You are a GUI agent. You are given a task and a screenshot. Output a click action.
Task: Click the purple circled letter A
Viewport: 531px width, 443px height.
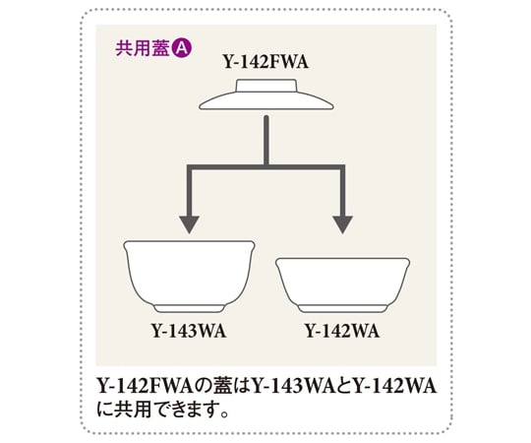coord(182,49)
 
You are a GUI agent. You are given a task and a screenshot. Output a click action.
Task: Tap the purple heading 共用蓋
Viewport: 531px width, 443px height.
coord(143,49)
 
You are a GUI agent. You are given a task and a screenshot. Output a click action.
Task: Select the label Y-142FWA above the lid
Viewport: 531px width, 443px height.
coord(265,62)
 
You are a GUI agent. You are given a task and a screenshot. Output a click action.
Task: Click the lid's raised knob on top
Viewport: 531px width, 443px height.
coord(266,86)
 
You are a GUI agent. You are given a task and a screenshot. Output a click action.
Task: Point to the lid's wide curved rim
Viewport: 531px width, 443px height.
coord(266,101)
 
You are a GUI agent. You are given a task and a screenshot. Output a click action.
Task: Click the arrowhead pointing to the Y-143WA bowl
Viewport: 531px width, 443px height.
coord(190,224)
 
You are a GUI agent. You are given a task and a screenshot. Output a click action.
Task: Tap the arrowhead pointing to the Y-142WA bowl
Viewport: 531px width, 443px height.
coord(343,224)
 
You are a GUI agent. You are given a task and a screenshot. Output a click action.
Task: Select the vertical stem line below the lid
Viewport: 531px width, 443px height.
coord(266,141)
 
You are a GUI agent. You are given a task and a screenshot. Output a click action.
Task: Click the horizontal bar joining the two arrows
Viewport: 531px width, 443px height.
coord(266,167)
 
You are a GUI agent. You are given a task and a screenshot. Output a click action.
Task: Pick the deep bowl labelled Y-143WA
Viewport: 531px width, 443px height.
coord(190,277)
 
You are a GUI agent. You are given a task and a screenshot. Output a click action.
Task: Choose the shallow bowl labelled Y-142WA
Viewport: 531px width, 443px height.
coord(343,285)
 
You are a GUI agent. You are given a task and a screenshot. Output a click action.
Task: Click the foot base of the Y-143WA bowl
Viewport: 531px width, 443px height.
coord(190,308)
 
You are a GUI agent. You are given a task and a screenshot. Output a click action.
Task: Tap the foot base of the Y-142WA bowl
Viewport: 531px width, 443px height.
coord(343,308)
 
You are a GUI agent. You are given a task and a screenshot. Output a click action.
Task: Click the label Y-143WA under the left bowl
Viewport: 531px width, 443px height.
coord(189,331)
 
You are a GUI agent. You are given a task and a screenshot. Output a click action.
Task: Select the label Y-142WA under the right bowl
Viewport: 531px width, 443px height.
coord(342,331)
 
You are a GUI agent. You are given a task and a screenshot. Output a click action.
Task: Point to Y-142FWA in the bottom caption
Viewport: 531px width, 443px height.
coord(146,387)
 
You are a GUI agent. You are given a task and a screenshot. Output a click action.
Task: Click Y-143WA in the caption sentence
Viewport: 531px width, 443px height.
coord(294,387)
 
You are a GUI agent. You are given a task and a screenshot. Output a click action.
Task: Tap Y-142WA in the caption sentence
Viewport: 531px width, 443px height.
coord(394,387)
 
